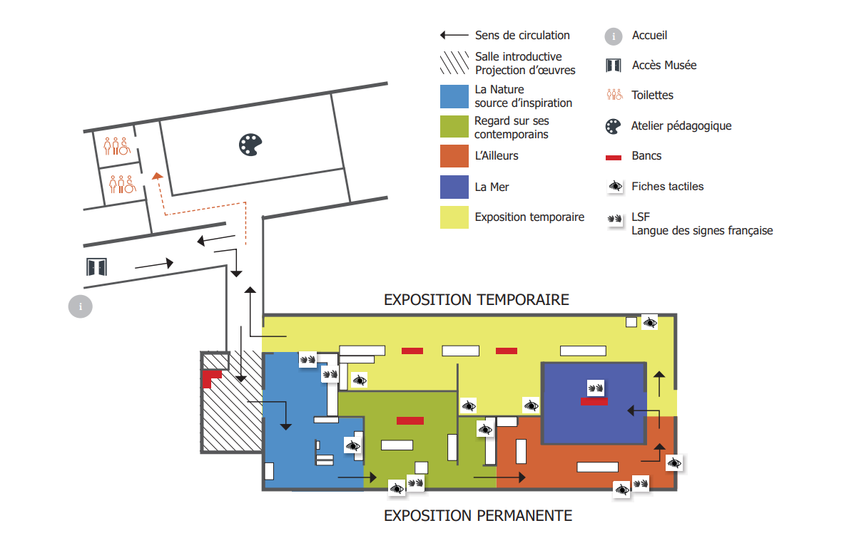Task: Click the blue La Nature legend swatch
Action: (454, 96)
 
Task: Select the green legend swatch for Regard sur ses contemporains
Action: (454, 127)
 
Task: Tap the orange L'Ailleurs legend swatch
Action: (454, 156)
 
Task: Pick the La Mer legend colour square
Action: (454, 187)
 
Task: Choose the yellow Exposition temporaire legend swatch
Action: (454, 217)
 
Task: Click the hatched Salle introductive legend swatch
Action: (454, 63)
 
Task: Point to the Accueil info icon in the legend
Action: (613, 36)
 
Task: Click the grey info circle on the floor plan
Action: (81, 306)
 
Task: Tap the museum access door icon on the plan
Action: (96, 267)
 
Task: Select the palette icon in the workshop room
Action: (250, 145)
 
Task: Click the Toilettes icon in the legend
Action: (614, 95)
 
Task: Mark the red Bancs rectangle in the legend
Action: (614, 157)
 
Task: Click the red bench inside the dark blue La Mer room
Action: (594, 402)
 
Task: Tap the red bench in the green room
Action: (410, 420)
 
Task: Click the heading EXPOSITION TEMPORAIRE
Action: (477, 299)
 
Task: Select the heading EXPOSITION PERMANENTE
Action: (478, 515)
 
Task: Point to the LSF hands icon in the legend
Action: (614, 219)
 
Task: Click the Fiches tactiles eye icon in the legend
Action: (614, 187)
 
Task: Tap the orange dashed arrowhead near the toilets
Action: (156, 175)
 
